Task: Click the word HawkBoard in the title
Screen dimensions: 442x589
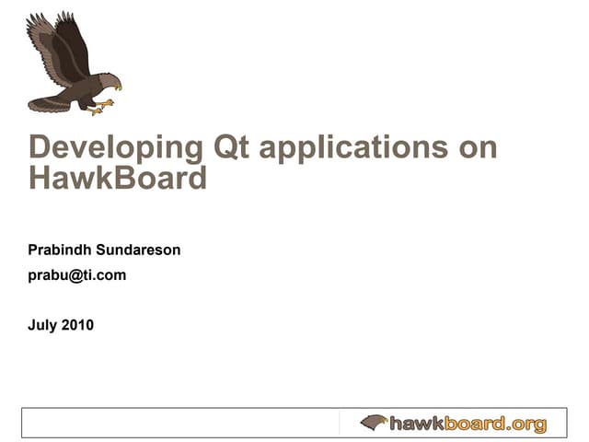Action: tap(118, 177)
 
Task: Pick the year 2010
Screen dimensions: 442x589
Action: tap(78, 324)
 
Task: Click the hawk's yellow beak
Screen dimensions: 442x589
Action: tap(118, 87)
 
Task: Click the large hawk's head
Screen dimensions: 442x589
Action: tap(108, 81)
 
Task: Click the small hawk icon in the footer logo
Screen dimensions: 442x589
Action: tap(374, 423)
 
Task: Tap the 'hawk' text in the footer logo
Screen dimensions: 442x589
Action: tap(417, 424)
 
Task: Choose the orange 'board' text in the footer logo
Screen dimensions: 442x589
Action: tap(476, 424)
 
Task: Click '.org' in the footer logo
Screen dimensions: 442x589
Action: tap(527, 424)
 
